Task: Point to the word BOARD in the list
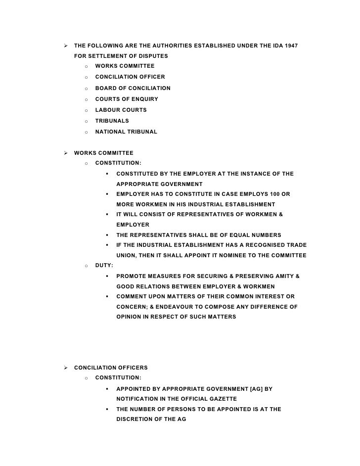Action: (105, 88)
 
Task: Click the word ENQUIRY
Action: (143, 99)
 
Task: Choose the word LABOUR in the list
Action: (107, 110)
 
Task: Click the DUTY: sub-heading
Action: (104, 266)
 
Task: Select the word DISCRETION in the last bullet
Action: (136, 419)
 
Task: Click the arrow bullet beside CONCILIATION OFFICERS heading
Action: (65, 368)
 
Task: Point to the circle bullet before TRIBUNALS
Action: (86, 121)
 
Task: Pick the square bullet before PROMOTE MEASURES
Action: (107, 276)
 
